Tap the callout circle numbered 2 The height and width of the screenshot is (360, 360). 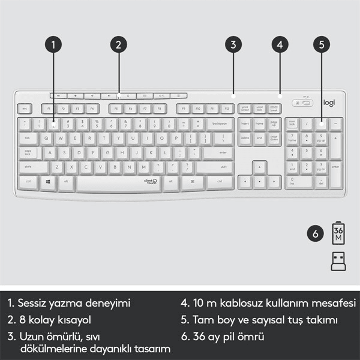click(x=119, y=44)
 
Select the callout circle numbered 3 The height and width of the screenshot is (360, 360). click(x=233, y=44)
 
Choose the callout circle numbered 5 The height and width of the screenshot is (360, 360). click(x=322, y=44)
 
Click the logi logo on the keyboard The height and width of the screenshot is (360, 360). click(x=330, y=102)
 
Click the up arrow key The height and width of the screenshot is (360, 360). click(x=259, y=166)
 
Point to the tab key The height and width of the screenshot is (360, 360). click(x=28, y=138)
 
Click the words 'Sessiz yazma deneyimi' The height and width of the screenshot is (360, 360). click(x=68, y=304)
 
